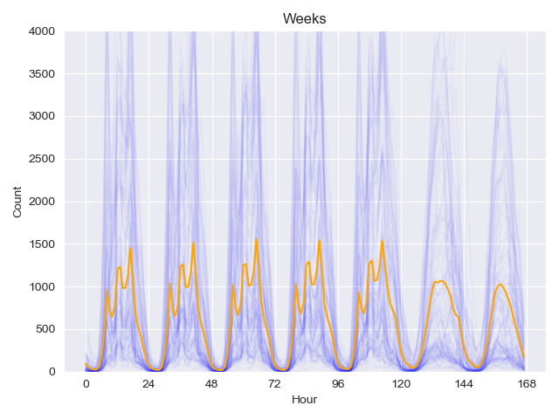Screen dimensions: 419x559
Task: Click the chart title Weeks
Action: (x=304, y=18)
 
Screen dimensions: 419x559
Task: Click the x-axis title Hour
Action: (x=304, y=400)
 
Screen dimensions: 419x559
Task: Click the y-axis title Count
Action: (x=18, y=202)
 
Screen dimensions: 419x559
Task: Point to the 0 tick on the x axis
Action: (x=86, y=384)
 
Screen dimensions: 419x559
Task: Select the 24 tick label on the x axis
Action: (x=149, y=384)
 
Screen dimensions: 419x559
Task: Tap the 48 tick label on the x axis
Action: (x=212, y=384)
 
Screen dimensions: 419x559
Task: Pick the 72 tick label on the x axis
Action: (x=275, y=384)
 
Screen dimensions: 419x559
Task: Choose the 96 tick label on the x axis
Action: (x=338, y=384)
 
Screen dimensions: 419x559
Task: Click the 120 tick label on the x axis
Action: (x=401, y=384)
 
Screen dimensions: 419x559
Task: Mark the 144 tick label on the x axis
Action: (x=464, y=384)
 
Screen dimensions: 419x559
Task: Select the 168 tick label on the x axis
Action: (x=527, y=384)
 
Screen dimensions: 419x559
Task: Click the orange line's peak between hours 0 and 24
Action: (x=131, y=247)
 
